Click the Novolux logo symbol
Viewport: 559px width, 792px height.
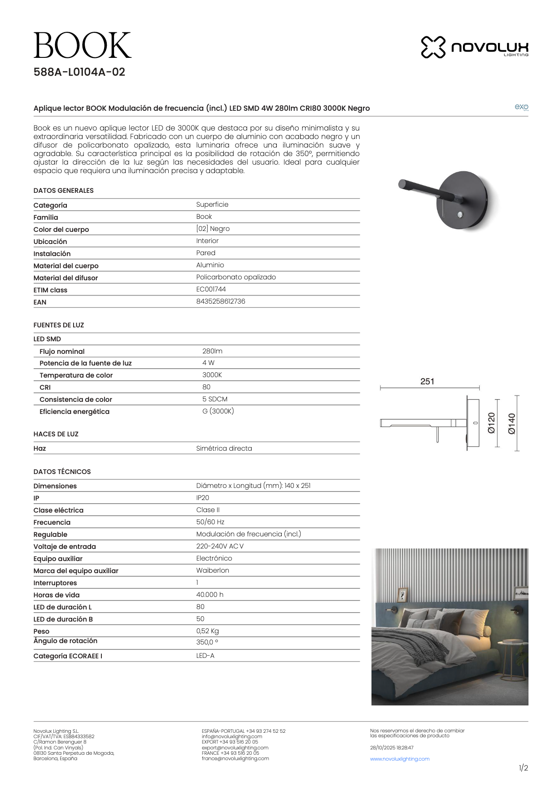coord(433,47)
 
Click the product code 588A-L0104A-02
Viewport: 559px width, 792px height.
coord(79,72)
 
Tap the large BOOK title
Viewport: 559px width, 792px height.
coord(83,45)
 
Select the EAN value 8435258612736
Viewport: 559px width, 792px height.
coord(221,301)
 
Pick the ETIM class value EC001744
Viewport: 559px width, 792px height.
coord(211,289)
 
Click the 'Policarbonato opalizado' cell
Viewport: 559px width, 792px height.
coord(236,277)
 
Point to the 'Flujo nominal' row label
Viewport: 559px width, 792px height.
coord(62,352)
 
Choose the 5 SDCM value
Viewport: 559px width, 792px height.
coord(215,399)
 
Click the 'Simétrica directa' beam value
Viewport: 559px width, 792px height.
coord(224,448)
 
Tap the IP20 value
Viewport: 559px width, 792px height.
coord(202,498)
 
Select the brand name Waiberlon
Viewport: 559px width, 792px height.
coord(213,570)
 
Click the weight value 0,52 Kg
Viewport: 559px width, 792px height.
coord(207,631)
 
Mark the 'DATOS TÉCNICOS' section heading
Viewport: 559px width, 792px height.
coord(62,472)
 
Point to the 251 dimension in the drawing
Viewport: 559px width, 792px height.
coord(427,382)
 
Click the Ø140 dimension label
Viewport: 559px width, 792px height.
coord(512,424)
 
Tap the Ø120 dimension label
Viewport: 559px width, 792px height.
coord(492,423)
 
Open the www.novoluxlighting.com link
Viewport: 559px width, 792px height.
coord(400,759)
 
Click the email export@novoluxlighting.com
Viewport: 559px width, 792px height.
coord(235,748)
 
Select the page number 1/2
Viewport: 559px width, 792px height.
coord(523,768)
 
